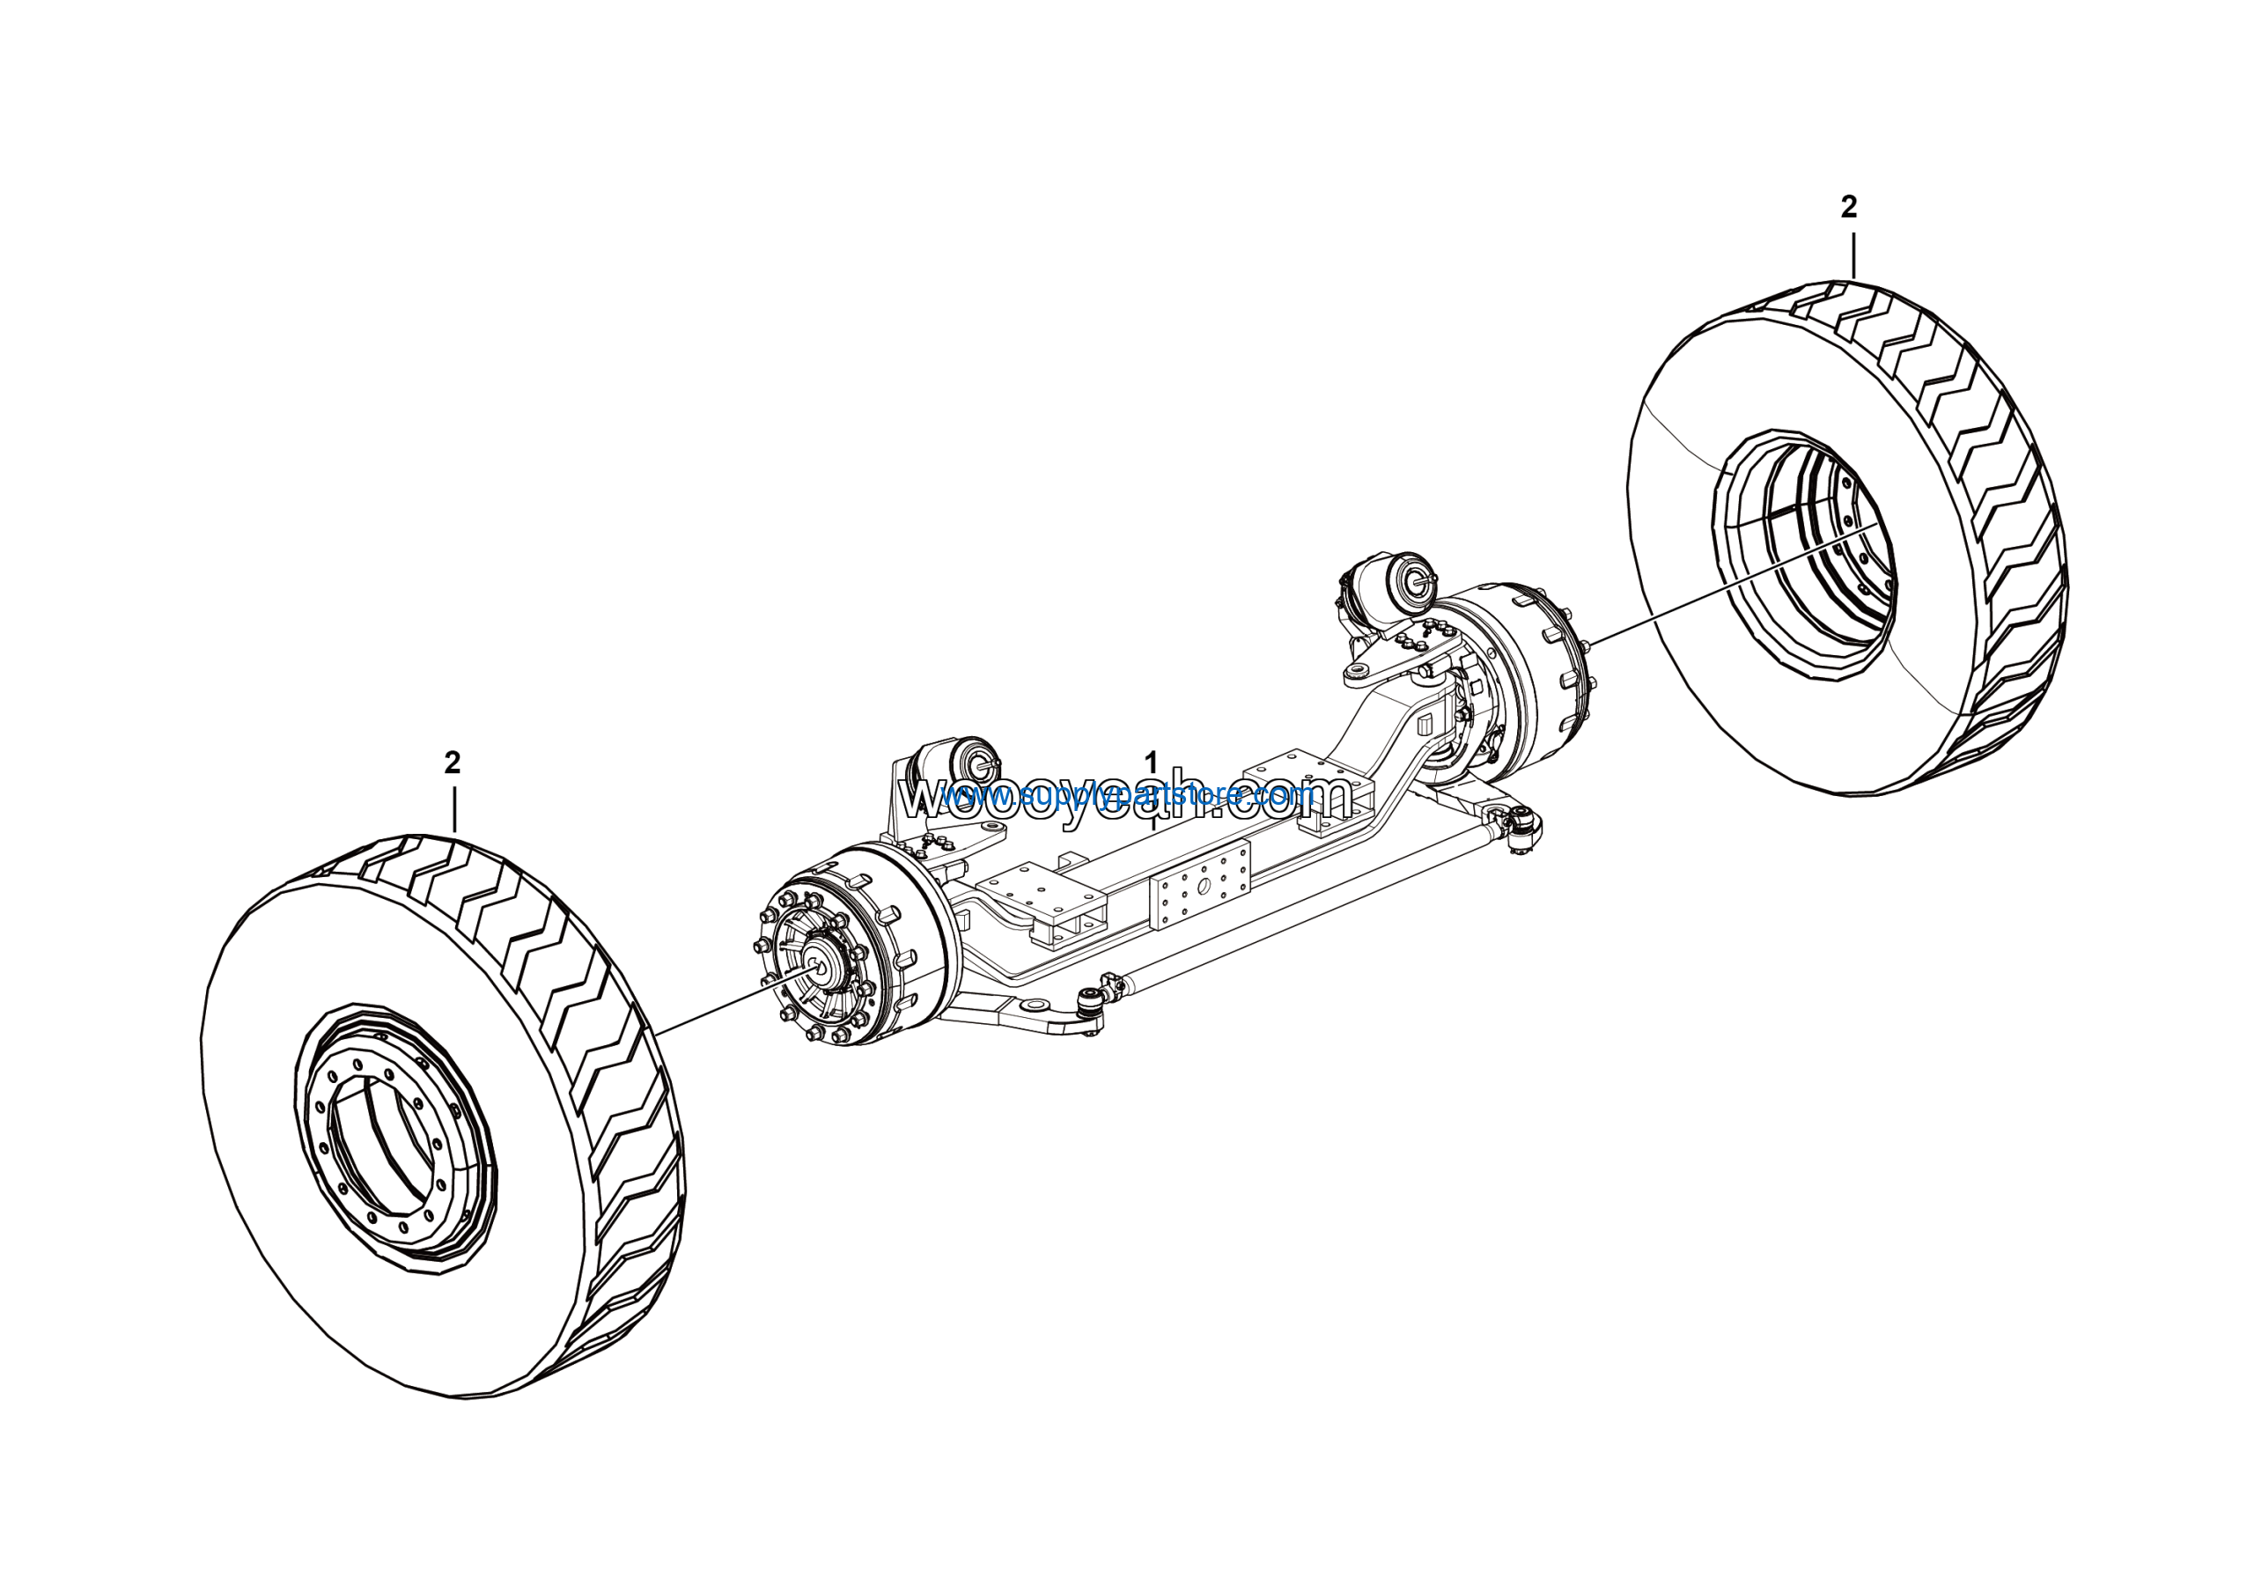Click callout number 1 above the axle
(x=1152, y=762)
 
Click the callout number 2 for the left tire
(x=452, y=763)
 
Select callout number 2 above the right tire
(x=1849, y=207)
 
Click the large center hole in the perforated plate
(x=1203, y=888)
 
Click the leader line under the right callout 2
(x=1853, y=254)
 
